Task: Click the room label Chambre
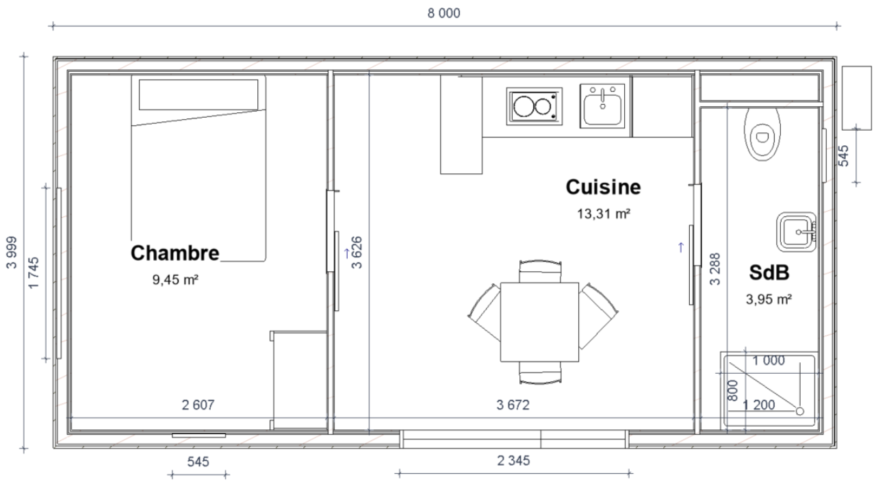pyautogui.click(x=175, y=253)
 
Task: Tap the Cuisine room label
pyautogui.click(x=603, y=187)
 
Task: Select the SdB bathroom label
pyautogui.click(x=769, y=273)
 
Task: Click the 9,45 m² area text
pyautogui.click(x=175, y=280)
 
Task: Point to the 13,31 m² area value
pyautogui.click(x=604, y=214)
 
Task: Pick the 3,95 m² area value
pyautogui.click(x=769, y=299)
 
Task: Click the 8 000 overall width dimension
pyautogui.click(x=444, y=13)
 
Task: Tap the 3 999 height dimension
pyautogui.click(x=12, y=253)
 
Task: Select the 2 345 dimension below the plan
pyautogui.click(x=513, y=461)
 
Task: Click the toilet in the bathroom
pyautogui.click(x=762, y=134)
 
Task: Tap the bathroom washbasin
pyautogui.click(x=796, y=232)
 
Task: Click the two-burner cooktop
pyautogui.click(x=534, y=106)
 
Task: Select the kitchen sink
pyautogui.click(x=602, y=105)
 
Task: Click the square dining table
pyautogui.click(x=539, y=322)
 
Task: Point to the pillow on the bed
pyautogui.click(x=198, y=95)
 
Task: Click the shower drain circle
pyautogui.click(x=800, y=412)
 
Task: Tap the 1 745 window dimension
pyautogui.click(x=34, y=273)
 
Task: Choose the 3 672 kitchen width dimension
pyautogui.click(x=513, y=405)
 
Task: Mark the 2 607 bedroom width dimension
pyautogui.click(x=198, y=405)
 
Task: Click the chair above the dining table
pyautogui.click(x=540, y=271)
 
